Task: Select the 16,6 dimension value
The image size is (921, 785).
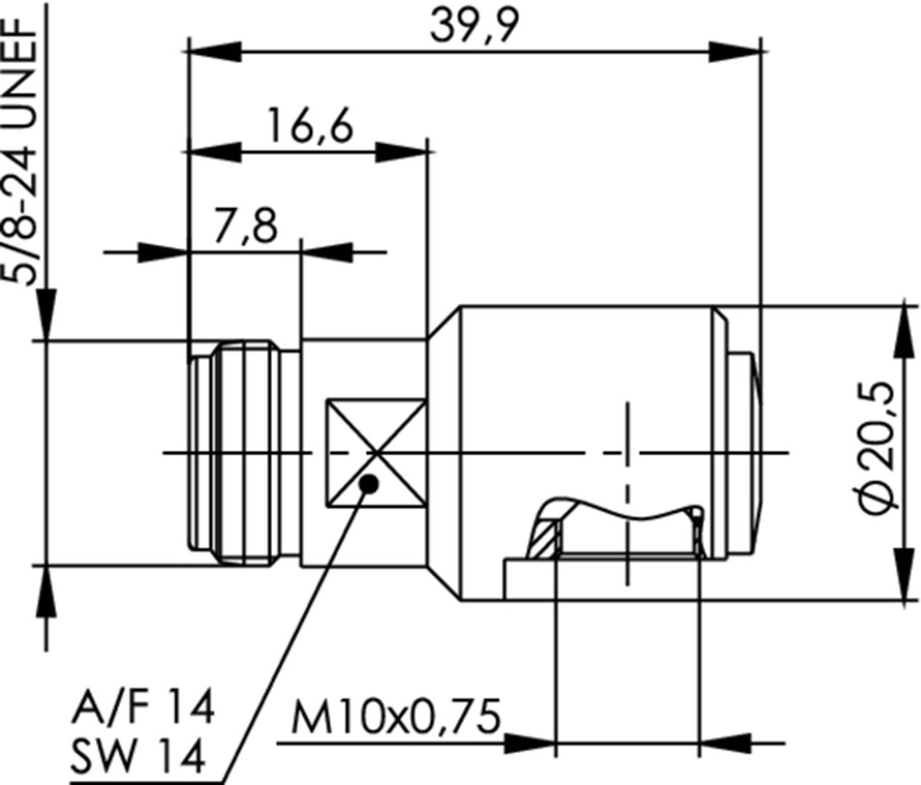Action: [310, 126]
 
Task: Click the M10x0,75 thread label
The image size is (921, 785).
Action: [396, 718]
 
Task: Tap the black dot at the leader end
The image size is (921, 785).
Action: [369, 483]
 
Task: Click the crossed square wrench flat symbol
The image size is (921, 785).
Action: [375, 453]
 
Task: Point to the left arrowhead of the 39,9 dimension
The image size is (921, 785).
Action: [215, 52]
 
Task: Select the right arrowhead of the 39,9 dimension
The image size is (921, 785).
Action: [734, 52]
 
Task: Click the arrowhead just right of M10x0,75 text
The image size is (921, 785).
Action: [528, 743]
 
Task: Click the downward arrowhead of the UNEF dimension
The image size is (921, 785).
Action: [46, 314]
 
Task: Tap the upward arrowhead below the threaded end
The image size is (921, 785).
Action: [46, 591]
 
